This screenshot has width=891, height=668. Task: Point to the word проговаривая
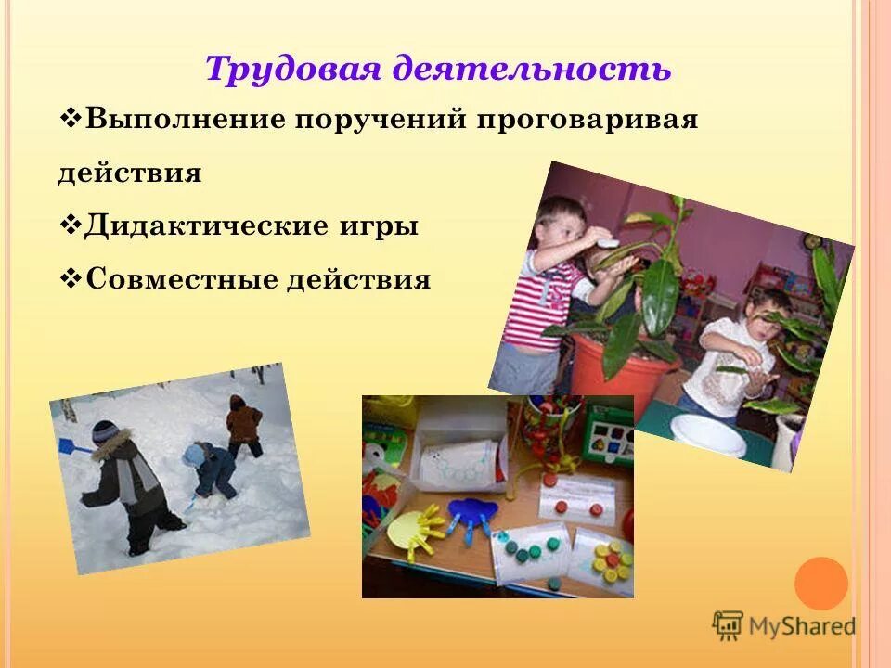(x=588, y=121)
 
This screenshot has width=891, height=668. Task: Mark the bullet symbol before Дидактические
(x=71, y=225)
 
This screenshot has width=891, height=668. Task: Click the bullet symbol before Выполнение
(x=71, y=120)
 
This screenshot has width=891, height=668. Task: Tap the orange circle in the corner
(x=821, y=583)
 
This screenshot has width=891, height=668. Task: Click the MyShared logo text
(x=801, y=626)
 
